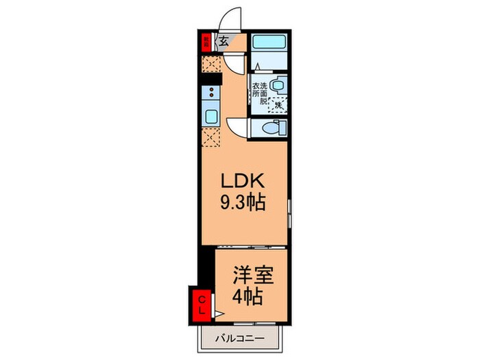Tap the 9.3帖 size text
[243, 203]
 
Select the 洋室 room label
[253, 276]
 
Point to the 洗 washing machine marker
[279, 106]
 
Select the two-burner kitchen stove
[211, 94]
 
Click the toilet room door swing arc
[237, 127]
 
